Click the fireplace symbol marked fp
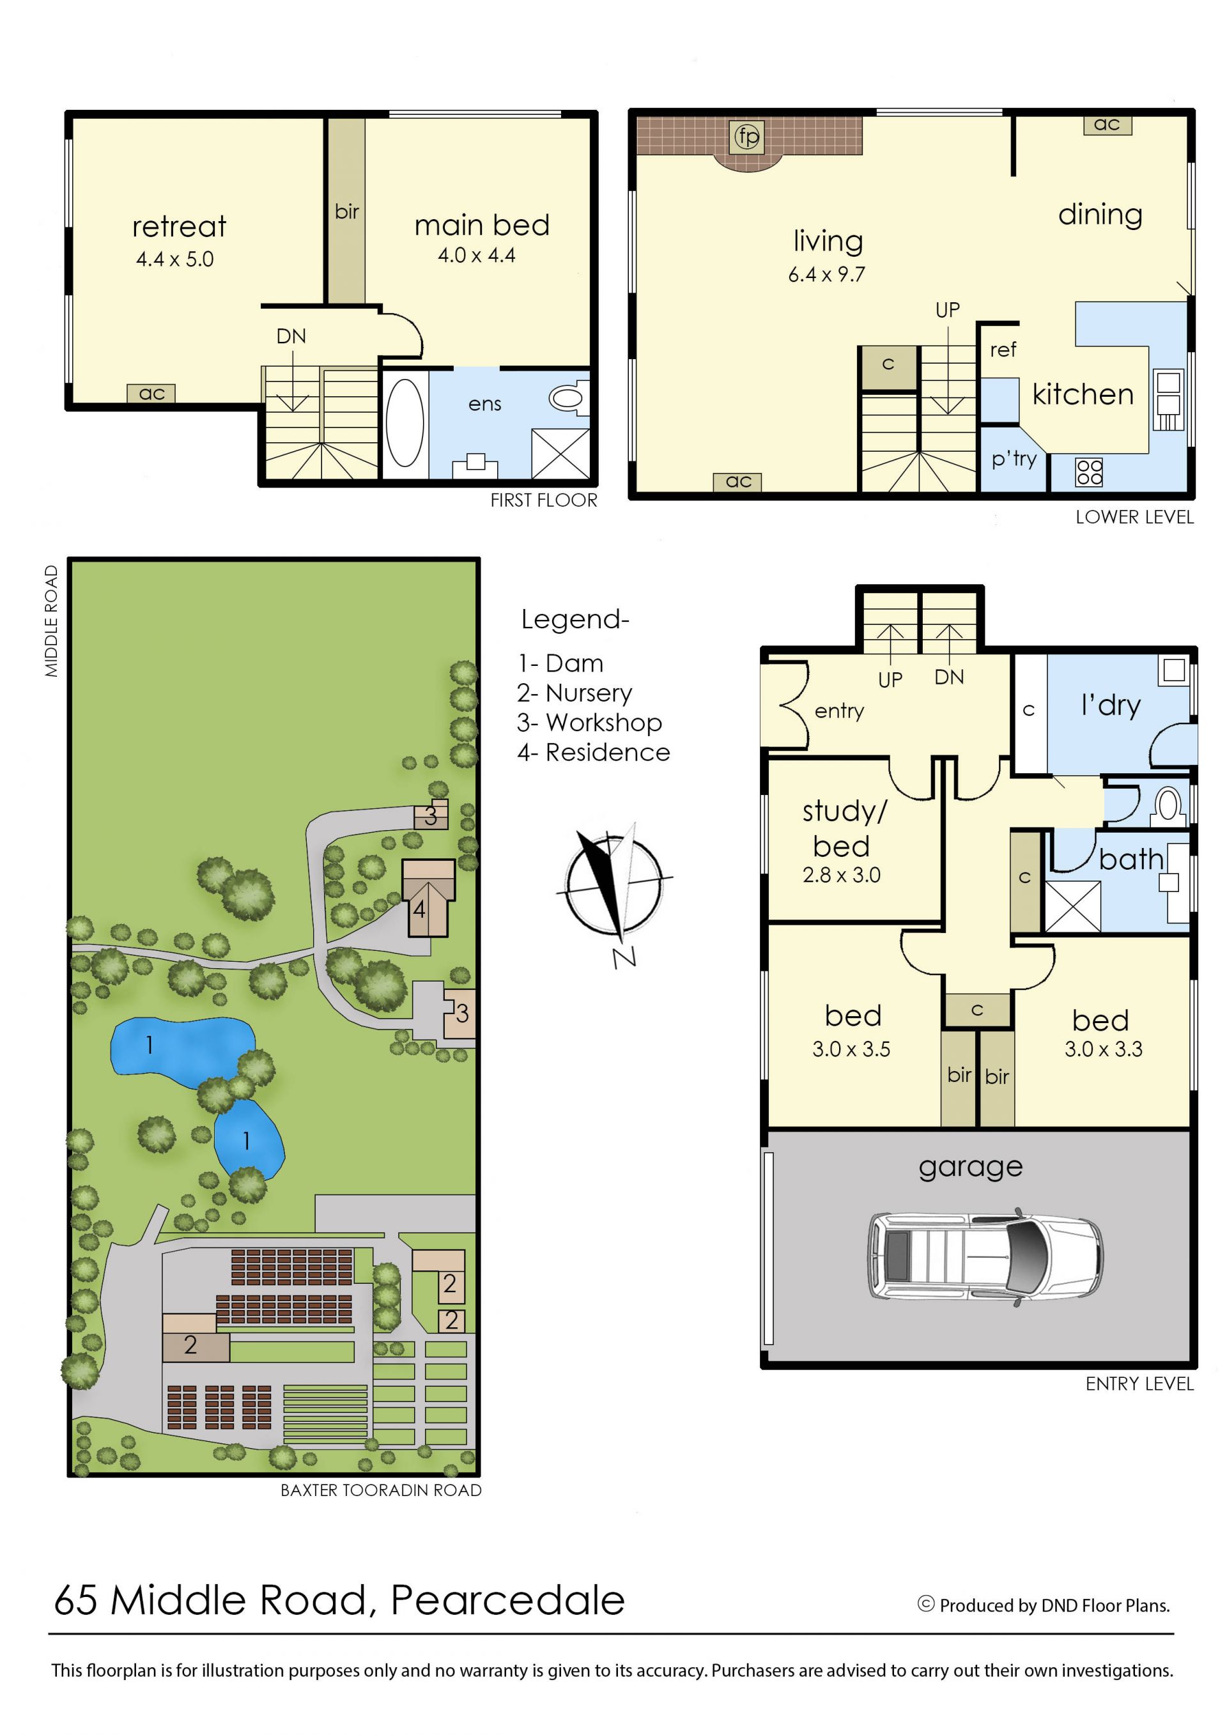pos(747,137)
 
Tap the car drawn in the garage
pos(984,1256)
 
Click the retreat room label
pos(179,227)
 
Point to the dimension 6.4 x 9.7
pos(826,274)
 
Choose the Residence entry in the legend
pos(594,753)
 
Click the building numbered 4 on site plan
pos(428,898)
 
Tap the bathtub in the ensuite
pos(405,423)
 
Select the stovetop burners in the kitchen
pos(1089,472)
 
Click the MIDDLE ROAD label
pos(50,621)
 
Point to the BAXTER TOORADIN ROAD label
pos(381,1490)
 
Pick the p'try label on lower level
pos(1014,459)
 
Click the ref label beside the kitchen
pos(1003,350)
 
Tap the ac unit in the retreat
pos(151,393)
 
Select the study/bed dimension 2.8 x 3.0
pos(841,875)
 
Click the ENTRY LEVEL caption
pos(1139,1384)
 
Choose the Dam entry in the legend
pos(560,663)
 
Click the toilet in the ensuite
pos(568,398)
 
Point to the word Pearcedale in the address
pos(507,1600)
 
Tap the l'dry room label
pos(1111,706)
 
